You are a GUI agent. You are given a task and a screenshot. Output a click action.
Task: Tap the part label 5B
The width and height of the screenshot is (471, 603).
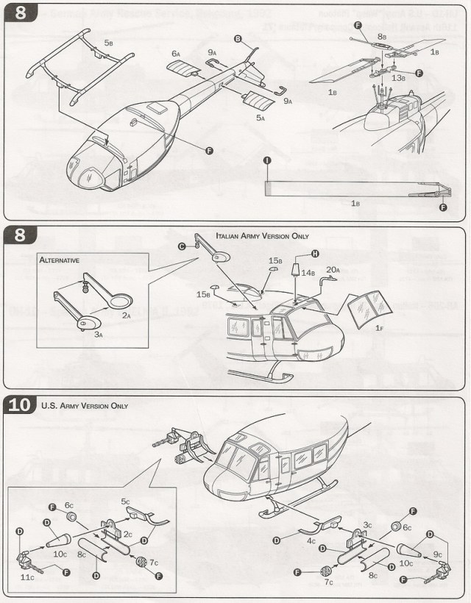pos(108,43)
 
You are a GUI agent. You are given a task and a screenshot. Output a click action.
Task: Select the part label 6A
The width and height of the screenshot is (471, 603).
pos(175,54)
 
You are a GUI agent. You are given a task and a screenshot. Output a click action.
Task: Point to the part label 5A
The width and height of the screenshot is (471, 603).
pos(261,117)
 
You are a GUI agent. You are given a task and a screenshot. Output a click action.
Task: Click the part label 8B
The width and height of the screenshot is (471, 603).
pos(381,35)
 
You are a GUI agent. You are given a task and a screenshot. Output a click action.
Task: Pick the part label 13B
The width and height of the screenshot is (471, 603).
pos(397,77)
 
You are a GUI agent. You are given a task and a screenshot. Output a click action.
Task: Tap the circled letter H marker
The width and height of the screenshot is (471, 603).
pos(315,253)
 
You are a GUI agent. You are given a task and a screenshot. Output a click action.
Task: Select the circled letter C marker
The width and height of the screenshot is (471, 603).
pos(183,246)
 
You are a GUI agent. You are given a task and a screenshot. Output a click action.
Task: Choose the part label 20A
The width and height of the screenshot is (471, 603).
pos(332,271)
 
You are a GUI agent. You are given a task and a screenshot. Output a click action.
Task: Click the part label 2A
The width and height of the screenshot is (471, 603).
pos(127,315)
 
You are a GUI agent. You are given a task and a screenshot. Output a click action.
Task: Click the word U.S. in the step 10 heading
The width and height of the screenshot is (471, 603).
pos(49,406)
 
